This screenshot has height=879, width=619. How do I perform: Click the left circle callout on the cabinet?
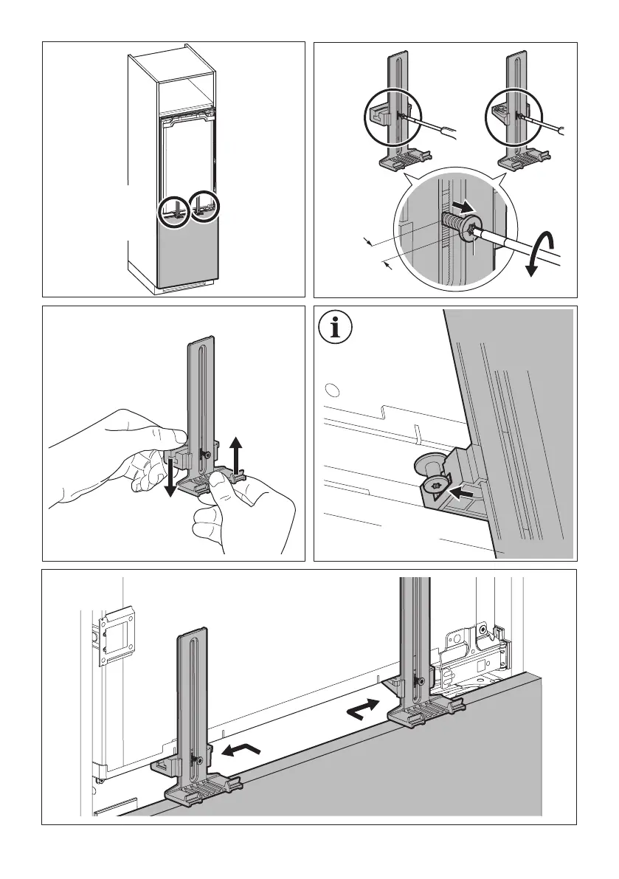pyautogui.click(x=175, y=211)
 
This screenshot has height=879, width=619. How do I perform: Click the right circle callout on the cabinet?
pyautogui.click(x=205, y=208)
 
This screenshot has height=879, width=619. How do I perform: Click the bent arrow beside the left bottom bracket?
pyautogui.click(x=241, y=751)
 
